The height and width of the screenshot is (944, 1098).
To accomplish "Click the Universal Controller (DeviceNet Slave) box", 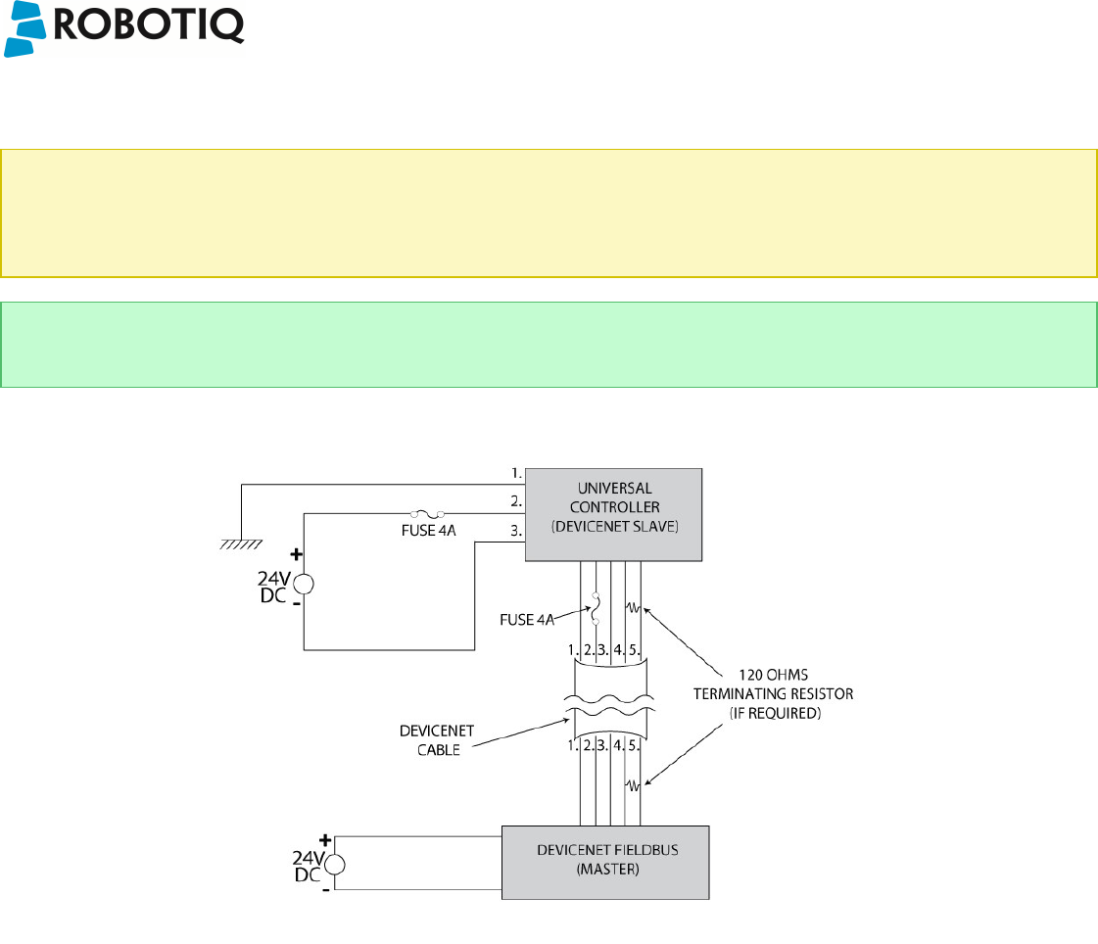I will [x=614, y=515].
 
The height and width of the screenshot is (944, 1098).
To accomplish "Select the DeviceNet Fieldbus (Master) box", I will [x=604, y=862].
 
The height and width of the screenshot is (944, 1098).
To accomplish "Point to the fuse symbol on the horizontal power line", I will [x=427, y=512].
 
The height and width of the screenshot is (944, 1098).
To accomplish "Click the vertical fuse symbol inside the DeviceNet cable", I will [x=596, y=608].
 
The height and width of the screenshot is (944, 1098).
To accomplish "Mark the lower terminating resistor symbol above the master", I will [x=634, y=785].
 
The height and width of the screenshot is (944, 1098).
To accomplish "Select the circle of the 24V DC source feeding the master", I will [x=334, y=863].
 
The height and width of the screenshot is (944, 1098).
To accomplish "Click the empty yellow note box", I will [x=548, y=213].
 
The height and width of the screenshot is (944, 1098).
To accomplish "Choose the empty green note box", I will [x=548, y=345].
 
